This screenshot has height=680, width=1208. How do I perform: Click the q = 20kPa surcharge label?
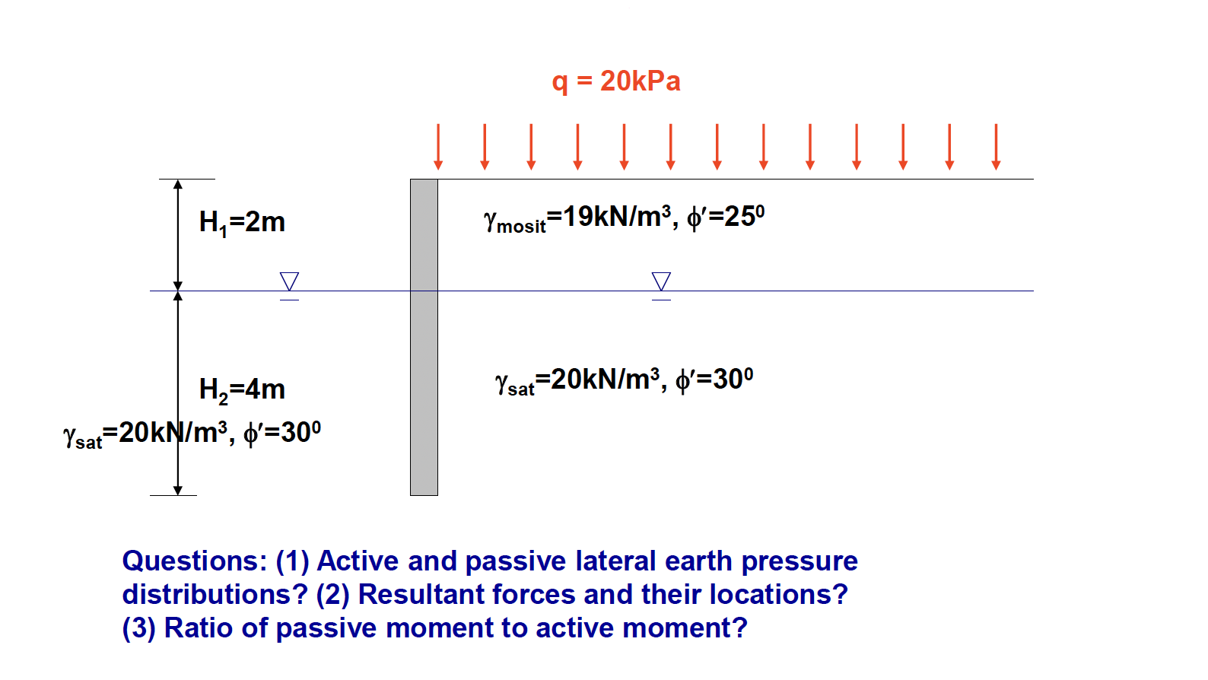pos(615,81)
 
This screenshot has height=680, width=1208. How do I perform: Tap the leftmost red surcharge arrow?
pos(438,147)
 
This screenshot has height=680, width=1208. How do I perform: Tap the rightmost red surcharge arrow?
pos(996,147)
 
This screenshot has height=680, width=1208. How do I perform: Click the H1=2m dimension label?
pos(242,222)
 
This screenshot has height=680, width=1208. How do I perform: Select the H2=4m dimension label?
pos(242,389)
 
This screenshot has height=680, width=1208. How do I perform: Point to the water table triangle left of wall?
pos(289,281)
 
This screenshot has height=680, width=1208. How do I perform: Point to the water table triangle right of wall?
pos(661,281)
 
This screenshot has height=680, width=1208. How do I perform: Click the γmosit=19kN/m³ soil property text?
pos(578,218)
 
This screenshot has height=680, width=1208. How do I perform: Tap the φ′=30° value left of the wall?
pos(281,433)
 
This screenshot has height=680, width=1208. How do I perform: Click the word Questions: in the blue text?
pos(195,561)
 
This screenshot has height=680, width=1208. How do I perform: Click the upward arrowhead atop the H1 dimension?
pos(178,185)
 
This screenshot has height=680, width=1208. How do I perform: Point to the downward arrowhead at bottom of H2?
pos(178,490)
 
